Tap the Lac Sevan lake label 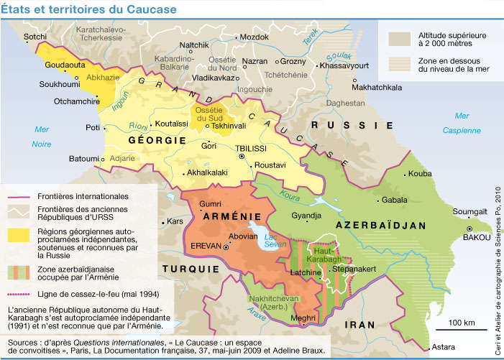pyautogui.click(x=275, y=241)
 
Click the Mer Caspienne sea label pyautogui.click(x=462, y=123)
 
